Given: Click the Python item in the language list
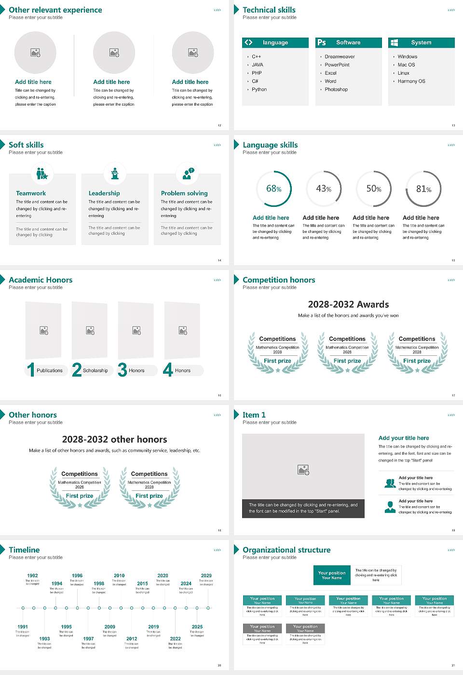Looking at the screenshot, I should point(259,90).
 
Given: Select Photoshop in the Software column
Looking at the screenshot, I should point(336,90).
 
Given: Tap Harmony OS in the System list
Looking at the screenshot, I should point(411,81).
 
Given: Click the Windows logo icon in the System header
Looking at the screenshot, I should point(394,42).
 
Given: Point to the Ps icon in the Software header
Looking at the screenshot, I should point(322,42).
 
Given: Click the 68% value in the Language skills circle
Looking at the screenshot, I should point(273,189).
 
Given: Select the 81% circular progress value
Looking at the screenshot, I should point(423,189).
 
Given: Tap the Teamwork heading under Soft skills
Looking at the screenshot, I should point(31,193).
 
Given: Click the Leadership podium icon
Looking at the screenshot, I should point(115,173).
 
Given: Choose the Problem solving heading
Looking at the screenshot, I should point(184,193).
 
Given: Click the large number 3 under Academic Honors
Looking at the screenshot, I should point(123,370).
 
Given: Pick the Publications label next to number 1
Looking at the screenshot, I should point(50,371).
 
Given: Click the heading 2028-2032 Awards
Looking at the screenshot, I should point(348,305).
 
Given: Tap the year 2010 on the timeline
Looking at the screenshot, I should point(119,576).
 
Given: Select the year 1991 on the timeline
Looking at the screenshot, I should point(23,627).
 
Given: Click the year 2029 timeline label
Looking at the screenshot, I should point(206,576).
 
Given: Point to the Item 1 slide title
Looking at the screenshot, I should point(254,415).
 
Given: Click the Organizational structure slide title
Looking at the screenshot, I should point(286,550).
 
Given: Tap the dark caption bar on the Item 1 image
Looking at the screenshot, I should point(303,508).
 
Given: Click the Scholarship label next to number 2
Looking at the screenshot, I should point(95,371).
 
